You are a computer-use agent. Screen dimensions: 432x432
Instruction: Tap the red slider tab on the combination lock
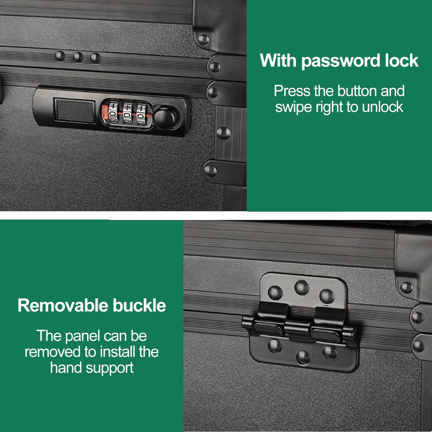click(105, 113)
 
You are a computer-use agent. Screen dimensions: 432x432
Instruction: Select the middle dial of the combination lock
click(127, 113)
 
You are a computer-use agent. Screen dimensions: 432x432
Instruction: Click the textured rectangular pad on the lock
click(75, 111)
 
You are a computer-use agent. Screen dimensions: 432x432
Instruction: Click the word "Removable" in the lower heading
click(63, 305)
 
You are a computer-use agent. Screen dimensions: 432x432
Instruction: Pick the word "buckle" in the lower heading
click(139, 305)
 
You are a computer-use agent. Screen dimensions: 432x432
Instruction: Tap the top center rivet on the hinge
click(302, 287)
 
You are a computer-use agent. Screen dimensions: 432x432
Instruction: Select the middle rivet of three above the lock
click(78, 57)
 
